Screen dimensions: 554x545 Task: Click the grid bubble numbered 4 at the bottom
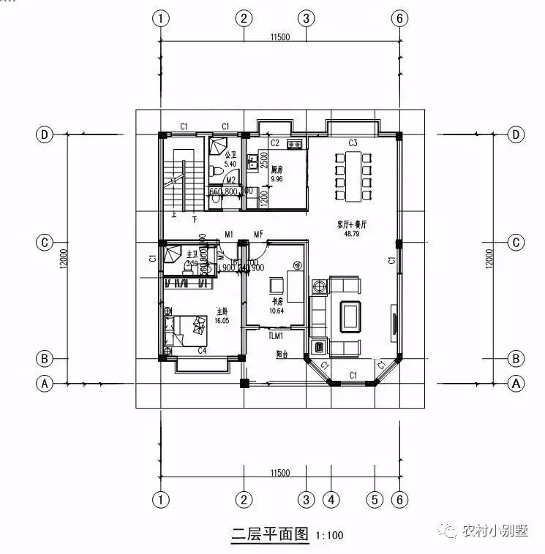(331, 500)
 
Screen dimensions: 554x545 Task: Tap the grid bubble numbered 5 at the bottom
(375, 500)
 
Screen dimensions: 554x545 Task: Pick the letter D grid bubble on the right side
(517, 134)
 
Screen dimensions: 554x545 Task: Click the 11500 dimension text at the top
(279, 37)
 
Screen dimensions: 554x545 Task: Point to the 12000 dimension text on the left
(65, 258)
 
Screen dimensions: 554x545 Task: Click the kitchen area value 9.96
(277, 178)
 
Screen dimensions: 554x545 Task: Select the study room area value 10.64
(276, 310)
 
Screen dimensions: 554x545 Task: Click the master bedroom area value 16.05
(222, 320)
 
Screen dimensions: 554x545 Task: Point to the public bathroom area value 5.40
(230, 164)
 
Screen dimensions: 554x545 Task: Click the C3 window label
(353, 143)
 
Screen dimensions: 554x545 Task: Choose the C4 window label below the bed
(202, 352)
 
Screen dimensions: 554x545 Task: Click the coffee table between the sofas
(349, 314)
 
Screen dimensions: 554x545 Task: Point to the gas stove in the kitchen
(296, 144)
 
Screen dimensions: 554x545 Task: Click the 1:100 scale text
(329, 536)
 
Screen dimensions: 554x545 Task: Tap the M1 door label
(229, 235)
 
